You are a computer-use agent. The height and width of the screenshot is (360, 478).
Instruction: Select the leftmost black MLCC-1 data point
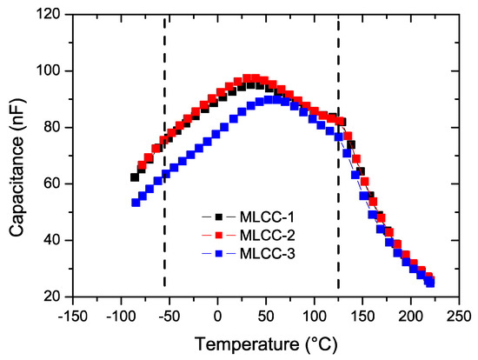(x=135, y=177)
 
